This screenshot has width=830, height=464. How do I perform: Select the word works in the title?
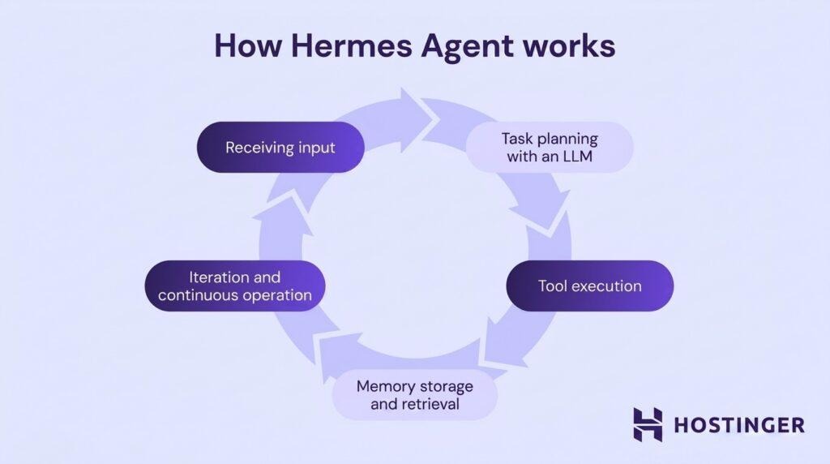coord(571,46)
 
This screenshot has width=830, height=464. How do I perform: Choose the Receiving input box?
coord(280,148)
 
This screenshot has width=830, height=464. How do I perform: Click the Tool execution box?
coord(589,286)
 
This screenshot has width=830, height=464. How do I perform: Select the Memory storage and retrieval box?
coord(415,394)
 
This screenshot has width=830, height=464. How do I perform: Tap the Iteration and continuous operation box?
coord(235,286)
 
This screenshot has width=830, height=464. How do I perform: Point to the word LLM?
coord(576,157)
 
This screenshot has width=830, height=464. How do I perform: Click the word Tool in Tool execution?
coord(554,286)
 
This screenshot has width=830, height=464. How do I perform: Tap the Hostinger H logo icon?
coord(648,424)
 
